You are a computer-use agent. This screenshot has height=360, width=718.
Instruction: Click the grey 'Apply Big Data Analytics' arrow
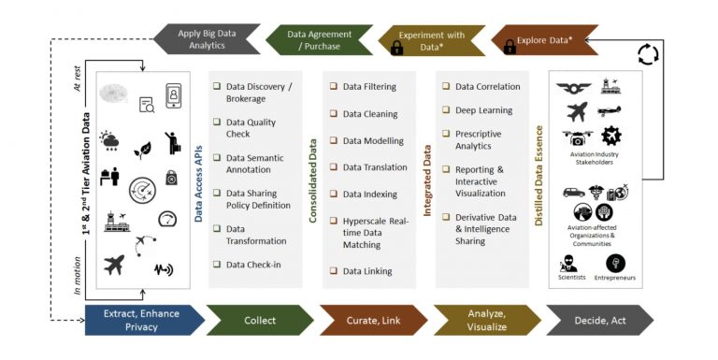tap(205, 39)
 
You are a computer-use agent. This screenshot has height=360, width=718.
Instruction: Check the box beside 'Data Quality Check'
tap(216, 122)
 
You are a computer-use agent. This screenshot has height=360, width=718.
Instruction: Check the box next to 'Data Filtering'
tap(333, 87)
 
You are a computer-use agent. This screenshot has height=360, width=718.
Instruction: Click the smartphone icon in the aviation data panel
tap(173, 95)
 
